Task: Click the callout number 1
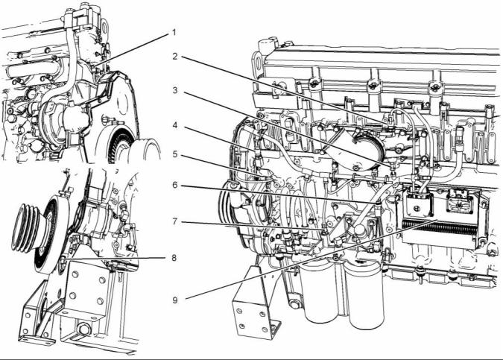pos(174,32)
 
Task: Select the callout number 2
pos(175,57)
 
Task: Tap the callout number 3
pos(175,90)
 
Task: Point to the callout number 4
pos(175,124)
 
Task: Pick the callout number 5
pos(175,154)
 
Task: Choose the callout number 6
pos(175,185)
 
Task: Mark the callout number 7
pos(175,221)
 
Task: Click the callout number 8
pos(174,258)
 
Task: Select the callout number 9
pos(175,300)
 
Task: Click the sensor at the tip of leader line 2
pos(390,121)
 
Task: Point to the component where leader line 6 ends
pos(379,206)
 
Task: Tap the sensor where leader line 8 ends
pos(63,261)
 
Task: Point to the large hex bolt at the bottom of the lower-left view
pos(84,329)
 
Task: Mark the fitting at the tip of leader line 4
pos(258,157)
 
